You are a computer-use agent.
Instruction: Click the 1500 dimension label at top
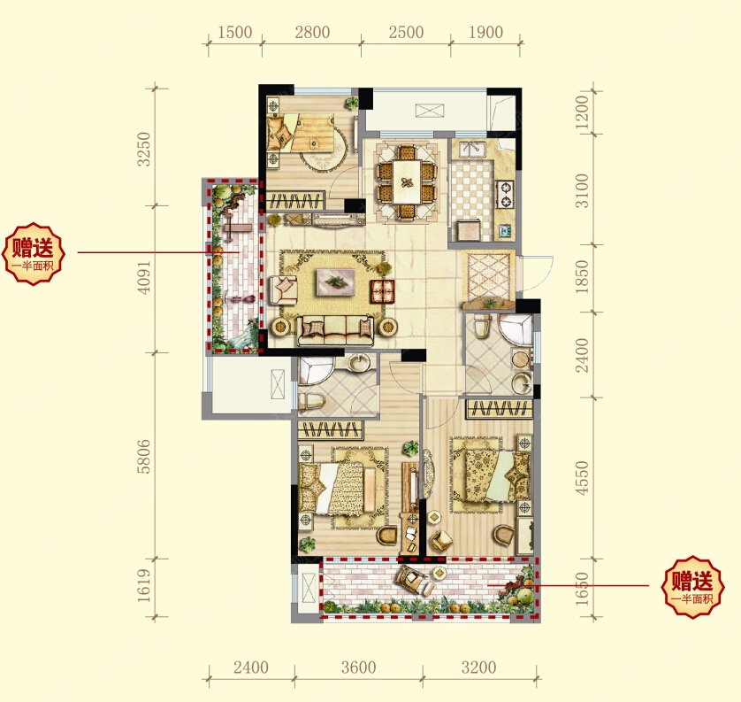(235, 32)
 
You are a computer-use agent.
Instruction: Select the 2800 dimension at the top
(312, 32)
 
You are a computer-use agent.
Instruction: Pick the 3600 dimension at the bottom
(359, 667)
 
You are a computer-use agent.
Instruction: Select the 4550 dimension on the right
(583, 478)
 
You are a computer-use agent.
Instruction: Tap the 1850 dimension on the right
(583, 277)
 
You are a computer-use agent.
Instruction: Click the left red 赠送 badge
(33, 254)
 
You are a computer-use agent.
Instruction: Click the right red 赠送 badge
(692, 587)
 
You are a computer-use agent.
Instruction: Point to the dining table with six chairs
(406, 182)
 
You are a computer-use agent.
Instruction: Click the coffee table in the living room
(335, 282)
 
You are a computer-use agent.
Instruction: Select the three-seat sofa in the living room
(335, 329)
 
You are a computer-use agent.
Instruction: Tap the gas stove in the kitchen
(505, 195)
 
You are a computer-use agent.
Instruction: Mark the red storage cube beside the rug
(382, 291)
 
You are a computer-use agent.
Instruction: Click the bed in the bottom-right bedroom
(491, 475)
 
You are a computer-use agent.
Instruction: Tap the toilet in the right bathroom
(482, 327)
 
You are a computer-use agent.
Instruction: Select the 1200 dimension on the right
(583, 112)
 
